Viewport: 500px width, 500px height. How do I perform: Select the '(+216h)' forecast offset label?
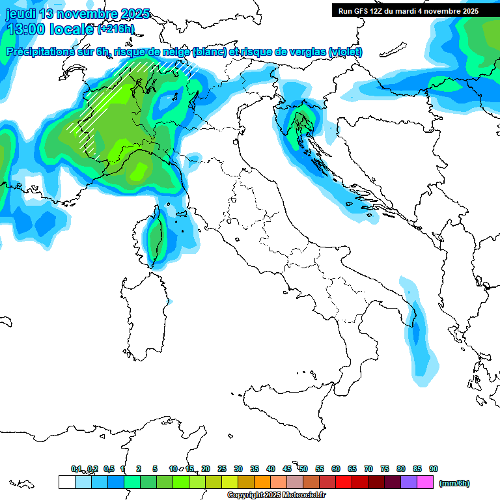(115, 29)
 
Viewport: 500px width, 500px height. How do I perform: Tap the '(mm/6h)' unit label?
(454, 483)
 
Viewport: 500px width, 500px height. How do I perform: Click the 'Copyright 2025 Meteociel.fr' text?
(276, 495)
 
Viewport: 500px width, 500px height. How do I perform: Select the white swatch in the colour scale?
(66, 482)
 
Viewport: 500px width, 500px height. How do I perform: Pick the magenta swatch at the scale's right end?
(425, 482)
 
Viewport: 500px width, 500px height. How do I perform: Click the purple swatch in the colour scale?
(409, 482)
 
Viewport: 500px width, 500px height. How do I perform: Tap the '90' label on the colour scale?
(434, 469)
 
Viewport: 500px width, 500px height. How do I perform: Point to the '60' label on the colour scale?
(336, 469)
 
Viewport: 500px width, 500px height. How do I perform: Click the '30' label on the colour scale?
(238, 469)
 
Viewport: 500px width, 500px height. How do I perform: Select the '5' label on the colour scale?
(155, 469)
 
